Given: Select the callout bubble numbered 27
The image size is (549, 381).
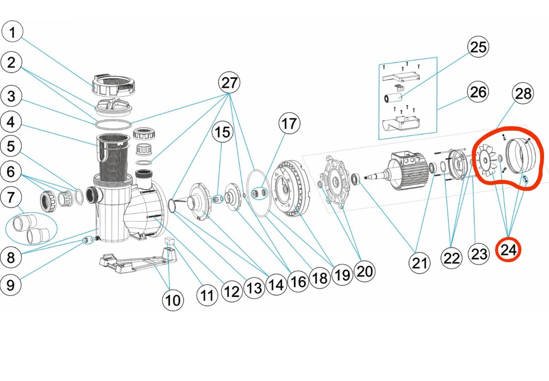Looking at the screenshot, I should (229, 83).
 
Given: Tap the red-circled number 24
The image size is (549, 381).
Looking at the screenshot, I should (508, 250).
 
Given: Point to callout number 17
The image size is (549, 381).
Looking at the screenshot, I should (289, 123).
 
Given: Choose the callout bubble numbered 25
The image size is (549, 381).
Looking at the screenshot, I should (478, 47).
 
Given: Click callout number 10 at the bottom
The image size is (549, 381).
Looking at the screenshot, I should (173, 300).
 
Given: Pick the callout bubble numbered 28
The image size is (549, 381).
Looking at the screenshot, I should (523, 93).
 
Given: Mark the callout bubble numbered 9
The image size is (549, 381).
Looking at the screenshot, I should (11, 285).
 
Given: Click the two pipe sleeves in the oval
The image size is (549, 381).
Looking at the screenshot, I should (31, 227).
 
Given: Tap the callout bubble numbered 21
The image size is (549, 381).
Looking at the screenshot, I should (419, 263).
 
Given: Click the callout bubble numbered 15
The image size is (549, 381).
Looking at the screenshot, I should (222, 132).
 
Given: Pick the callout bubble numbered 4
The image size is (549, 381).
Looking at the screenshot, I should (11, 122).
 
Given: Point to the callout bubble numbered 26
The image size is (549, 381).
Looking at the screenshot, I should (478, 92).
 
